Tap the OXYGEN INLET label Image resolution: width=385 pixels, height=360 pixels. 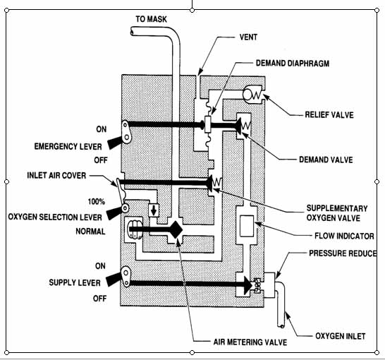click(x=338, y=336)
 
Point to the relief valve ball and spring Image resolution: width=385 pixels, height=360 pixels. click(x=252, y=93)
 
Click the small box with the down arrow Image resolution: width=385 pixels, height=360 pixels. click(x=156, y=210)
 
